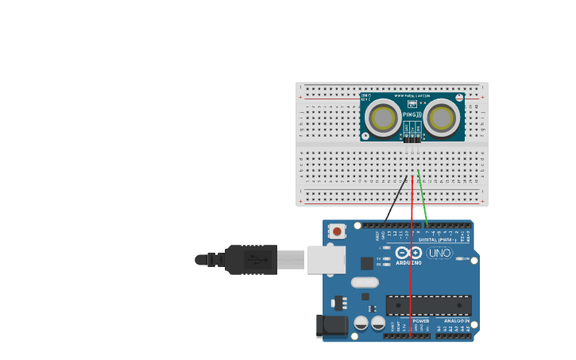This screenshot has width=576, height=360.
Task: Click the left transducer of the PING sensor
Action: click(x=384, y=118)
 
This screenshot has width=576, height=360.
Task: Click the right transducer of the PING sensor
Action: click(x=441, y=118)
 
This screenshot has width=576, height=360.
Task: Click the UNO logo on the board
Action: click(x=439, y=254)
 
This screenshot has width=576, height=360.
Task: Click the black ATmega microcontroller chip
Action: click(x=428, y=305)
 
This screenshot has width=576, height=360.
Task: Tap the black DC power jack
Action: click(x=332, y=326)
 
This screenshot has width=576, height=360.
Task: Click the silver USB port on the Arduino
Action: click(x=327, y=260)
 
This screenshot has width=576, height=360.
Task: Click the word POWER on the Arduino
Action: click(x=420, y=321)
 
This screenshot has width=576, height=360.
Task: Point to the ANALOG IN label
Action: click(x=456, y=321)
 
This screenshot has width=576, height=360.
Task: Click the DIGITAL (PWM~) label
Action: click(x=438, y=239)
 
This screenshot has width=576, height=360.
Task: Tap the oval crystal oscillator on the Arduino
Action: click(x=365, y=282)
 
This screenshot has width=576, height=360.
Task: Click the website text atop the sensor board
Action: click(x=412, y=96)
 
